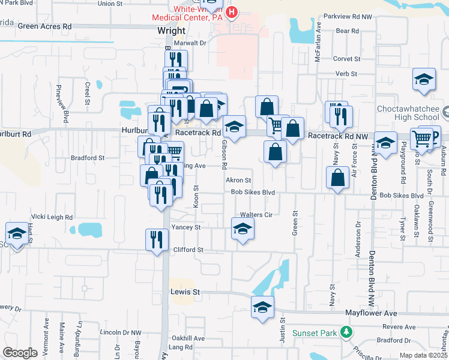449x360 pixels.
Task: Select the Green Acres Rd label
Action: [x=44, y=26]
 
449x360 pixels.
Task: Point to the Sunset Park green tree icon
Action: [x=345, y=332]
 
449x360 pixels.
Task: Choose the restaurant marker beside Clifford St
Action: [x=157, y=240]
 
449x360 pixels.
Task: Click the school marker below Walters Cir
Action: [x=243, y=229]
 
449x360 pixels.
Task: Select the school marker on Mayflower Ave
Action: [x=262, y=307]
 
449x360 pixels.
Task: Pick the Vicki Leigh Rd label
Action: [x=52, y=217]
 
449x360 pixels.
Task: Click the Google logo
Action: [x=20, y=353]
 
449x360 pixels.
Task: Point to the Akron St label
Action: [x=238, y=180]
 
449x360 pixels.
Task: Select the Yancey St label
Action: [x=185, y=228]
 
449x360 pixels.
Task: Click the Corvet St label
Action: [x=346, y=59]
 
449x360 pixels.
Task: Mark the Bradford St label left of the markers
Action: [x=87, y=158]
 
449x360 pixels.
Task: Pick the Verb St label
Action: [x=346, y=74]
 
